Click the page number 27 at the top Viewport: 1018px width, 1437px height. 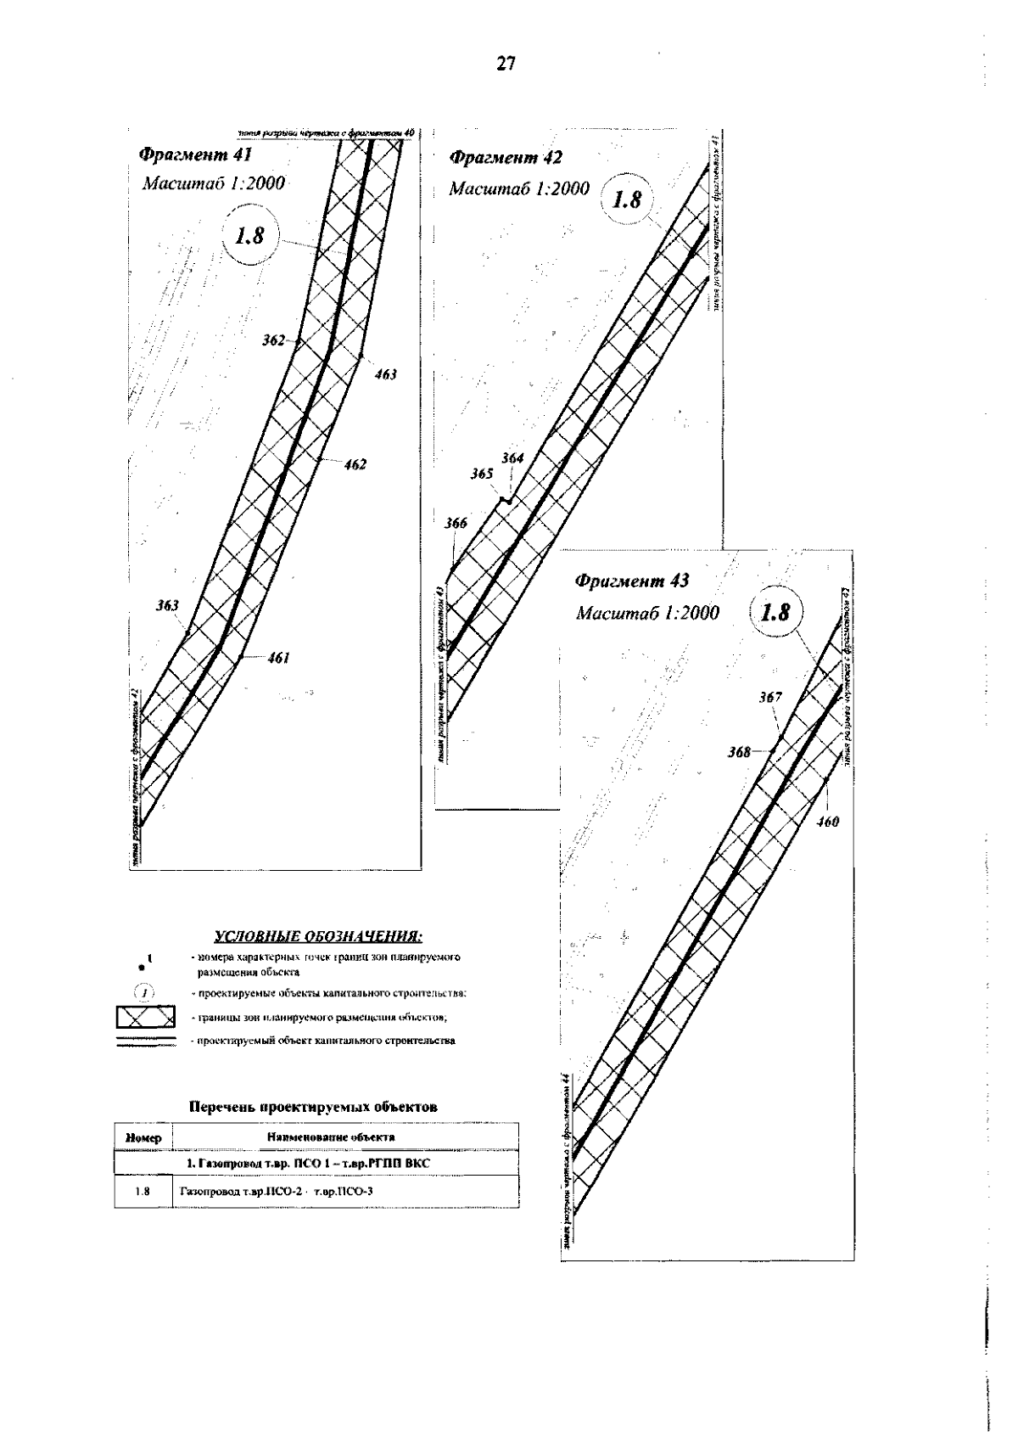[x=506, y=64]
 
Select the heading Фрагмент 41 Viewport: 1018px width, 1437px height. [x=194, y=155]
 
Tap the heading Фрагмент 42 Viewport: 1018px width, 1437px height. [x=505, y=157]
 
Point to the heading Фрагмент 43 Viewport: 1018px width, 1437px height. [x=632, y=581]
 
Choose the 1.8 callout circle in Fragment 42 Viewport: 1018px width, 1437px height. [x=628, y=200]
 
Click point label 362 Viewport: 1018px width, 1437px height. [x=273, y=340]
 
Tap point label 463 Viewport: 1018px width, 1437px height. [x=385, y=374]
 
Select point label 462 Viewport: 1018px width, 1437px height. [x=355, y=464]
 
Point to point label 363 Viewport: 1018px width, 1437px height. [x=167, y=606]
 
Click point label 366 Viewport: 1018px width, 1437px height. [x=456, y=524]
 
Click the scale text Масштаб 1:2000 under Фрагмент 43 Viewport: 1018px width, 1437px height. [x=647, y=613]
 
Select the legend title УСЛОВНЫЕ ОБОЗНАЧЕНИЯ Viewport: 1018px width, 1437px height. [x=318, y=937]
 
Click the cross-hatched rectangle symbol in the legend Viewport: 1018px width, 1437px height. [x=146, y=1016]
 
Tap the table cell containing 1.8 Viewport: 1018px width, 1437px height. [x=143, y=1192]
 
